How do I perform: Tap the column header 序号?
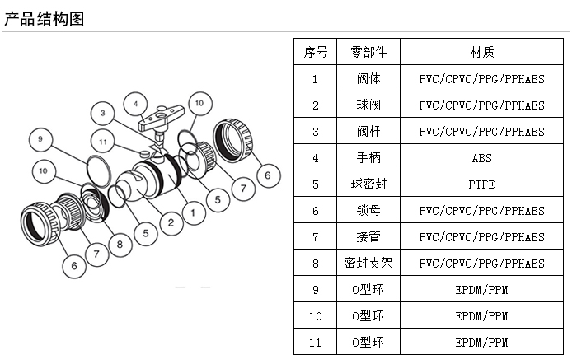316,53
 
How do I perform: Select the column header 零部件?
368,53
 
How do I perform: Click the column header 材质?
482,53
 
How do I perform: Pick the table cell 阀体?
368,80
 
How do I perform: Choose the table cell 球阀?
368,105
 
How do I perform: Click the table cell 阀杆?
368,132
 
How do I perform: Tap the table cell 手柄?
368,158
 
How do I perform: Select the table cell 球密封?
368,184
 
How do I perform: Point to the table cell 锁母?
368,211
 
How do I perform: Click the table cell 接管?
368,237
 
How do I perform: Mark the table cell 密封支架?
368,264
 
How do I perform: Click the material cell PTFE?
482,184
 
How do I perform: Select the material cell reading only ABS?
482,158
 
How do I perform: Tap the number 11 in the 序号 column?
316,342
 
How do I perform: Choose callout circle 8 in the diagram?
120,243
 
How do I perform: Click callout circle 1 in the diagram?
193,212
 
